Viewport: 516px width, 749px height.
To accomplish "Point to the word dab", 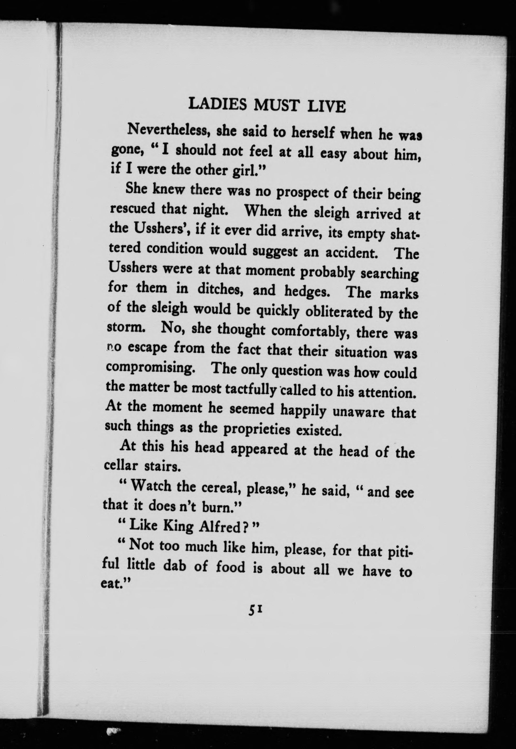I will click(175, 565).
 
